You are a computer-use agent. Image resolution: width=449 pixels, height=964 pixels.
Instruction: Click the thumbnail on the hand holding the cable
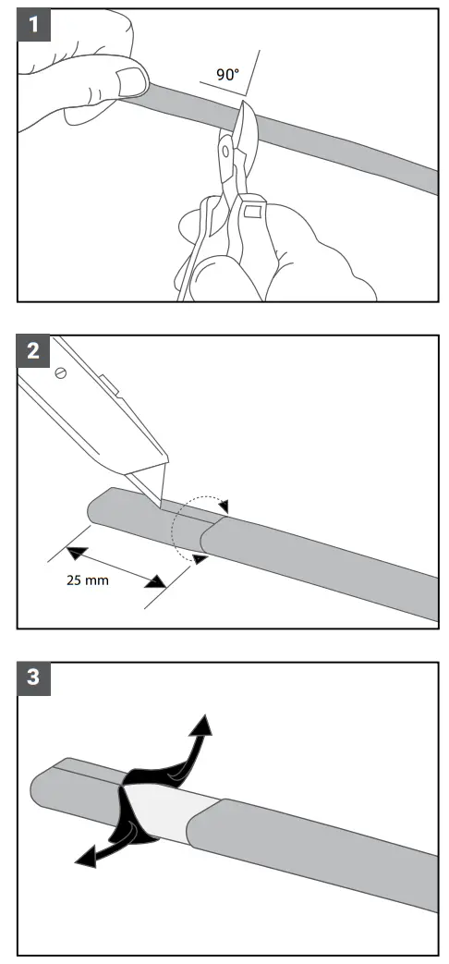pyautogui.click(x=133, y=81)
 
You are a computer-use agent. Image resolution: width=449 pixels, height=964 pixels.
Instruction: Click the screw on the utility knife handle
pyautogui.click(x=62, y=372)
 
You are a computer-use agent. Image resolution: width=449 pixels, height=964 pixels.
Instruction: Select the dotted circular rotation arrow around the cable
pyautogui.click(x=189, y=528)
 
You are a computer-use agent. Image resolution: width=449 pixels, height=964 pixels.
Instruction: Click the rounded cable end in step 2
pyautogui.click(x=95, y=507)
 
